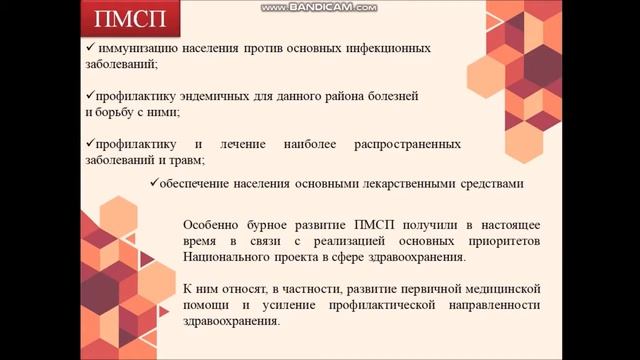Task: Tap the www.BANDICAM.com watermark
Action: point(319,7)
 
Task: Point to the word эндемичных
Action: point(195,96)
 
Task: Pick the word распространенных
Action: point(407,144)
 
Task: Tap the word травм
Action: point(187,161)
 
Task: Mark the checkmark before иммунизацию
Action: point(90,47)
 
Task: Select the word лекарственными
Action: point(420,184)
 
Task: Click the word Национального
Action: point(226,258)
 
